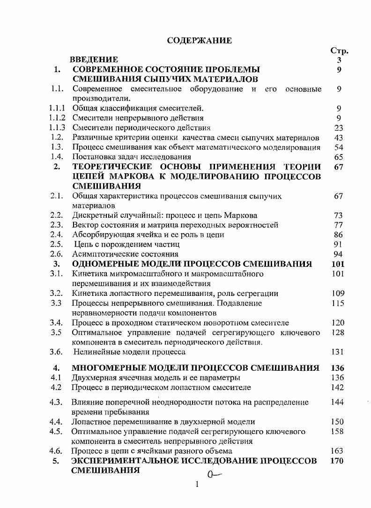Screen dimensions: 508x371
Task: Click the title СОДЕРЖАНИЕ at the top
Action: pos(199,41)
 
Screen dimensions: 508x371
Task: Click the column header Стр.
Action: pos(339,51)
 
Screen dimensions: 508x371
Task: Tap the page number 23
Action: pos(339,127)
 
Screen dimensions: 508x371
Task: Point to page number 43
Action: pos(339,137)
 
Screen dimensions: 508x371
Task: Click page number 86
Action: pos(339,235)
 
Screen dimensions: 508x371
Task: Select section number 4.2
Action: pos(57,387)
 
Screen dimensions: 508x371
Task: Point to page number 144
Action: pos(337,402)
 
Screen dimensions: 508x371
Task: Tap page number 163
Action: pos(337,451)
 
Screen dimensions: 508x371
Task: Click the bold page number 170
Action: pos(337,461)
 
